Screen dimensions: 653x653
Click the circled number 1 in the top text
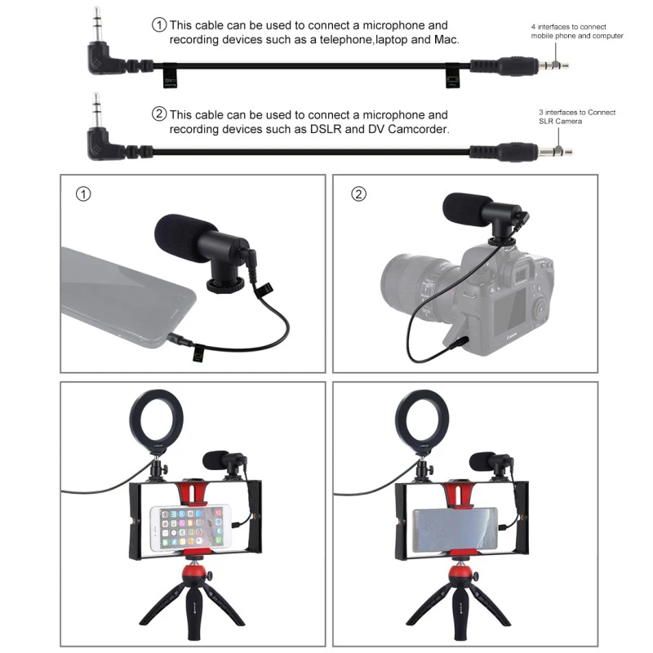[x=160, y=24]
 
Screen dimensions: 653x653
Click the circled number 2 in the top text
[x=160, y=114]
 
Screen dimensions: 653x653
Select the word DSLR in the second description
[x=342, y=129]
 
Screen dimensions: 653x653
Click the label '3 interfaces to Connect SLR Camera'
[x=566, y=117]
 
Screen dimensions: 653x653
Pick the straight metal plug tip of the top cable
[x=560, y=63]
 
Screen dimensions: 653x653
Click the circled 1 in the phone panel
[x=82, y=194]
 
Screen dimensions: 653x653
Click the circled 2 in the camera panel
[x=358, y=194]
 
